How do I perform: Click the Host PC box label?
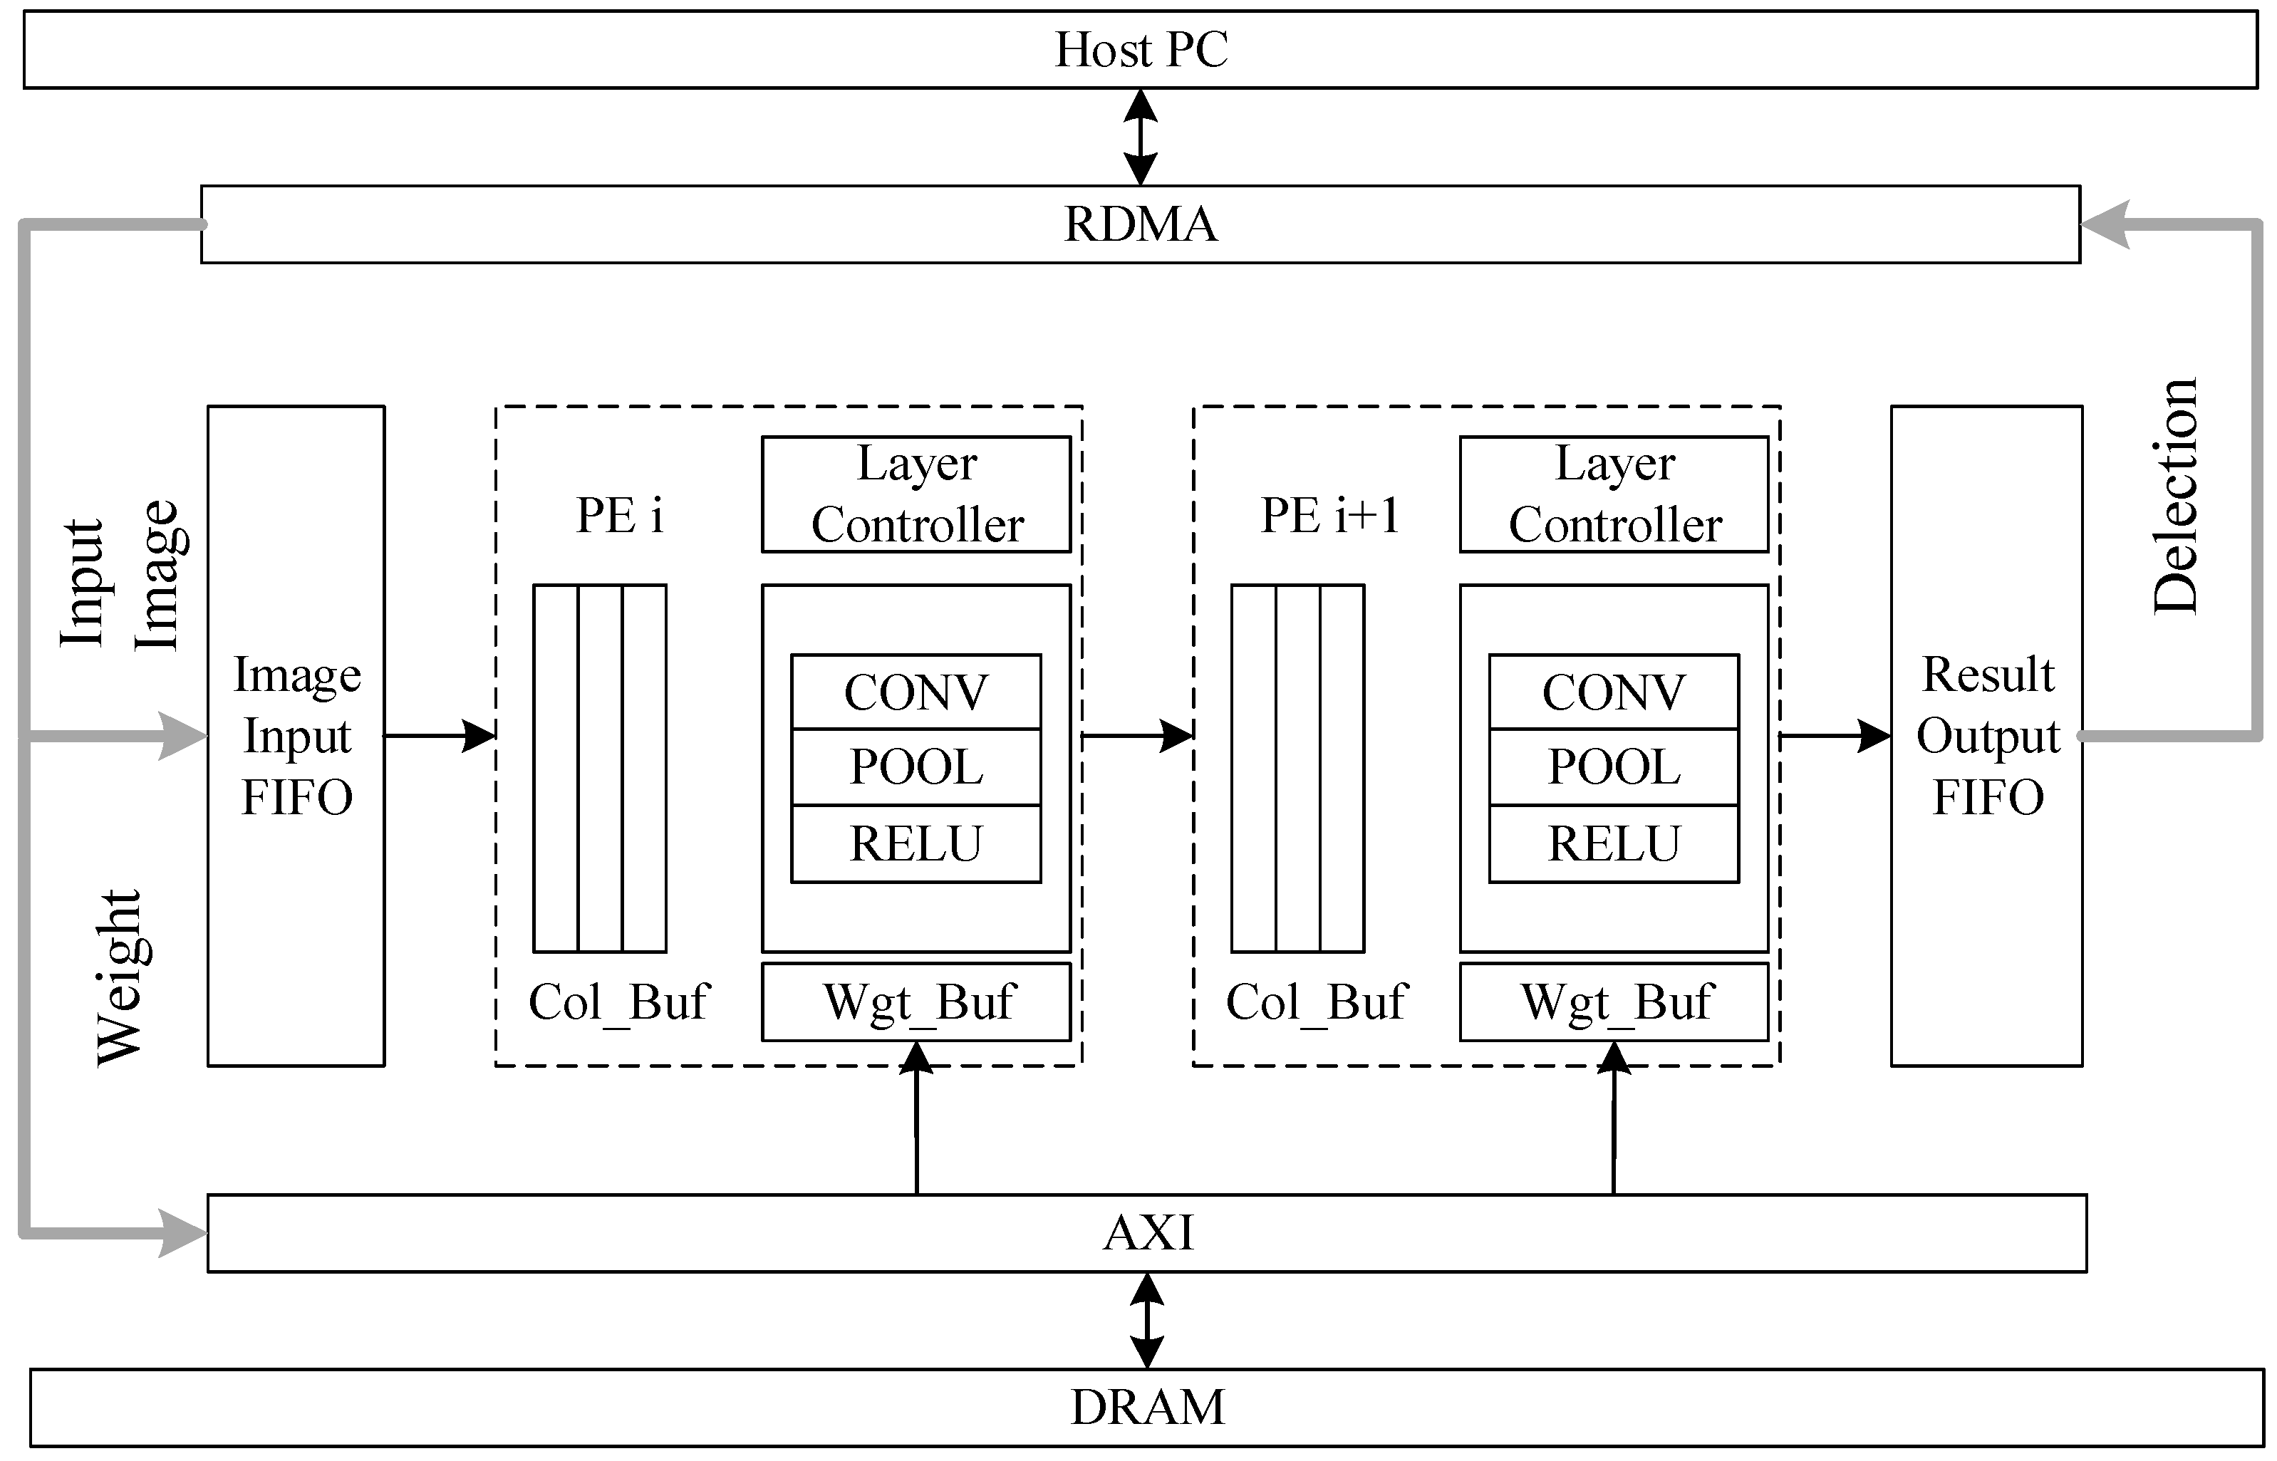[1141, 49]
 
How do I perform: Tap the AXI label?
[1147, 1233]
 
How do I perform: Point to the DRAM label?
[1147, 1407]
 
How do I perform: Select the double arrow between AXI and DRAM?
[1147, 1320]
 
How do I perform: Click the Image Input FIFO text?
[297, 735]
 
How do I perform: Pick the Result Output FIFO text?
[1988, 735]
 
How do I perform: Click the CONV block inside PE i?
[916, 692]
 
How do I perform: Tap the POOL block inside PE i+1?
[1614, 766]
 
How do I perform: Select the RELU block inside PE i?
[916, 843]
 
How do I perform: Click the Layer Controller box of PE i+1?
[1614, 494]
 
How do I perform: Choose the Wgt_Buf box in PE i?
[916, 1002]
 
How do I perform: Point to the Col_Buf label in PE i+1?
[1316, 1002]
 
